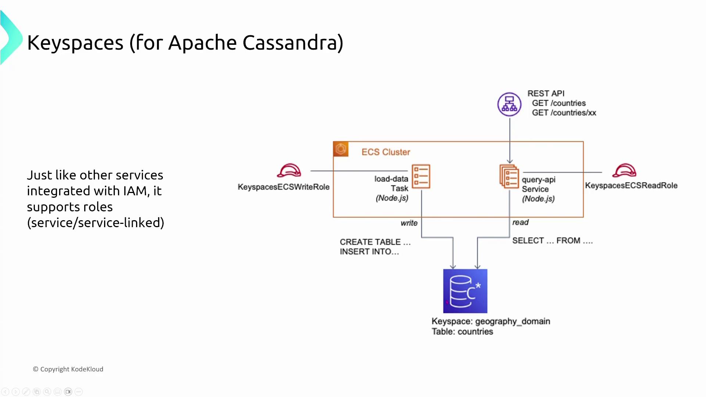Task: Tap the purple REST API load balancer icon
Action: tap(509, 104)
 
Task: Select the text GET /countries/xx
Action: tap(564, 113)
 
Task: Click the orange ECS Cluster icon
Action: tap(341, 149)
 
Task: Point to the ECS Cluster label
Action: tap(386, 152)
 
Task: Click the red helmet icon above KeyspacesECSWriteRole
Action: tap(289, 171)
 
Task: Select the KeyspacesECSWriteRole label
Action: tap(284, 187)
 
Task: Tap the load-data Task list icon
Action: tap(421, 176)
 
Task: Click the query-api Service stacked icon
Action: tap(509, 176)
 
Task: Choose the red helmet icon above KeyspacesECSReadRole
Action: tap(624, 171)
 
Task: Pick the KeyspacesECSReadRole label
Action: tap(631, 186)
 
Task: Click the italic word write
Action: tap(409, 223)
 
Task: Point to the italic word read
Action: tap(520, 222)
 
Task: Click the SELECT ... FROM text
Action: tap(552, 241)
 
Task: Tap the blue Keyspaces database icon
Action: tap(465, 291)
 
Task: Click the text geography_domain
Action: tap(513, 321)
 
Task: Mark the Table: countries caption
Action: tap(462, 332)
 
